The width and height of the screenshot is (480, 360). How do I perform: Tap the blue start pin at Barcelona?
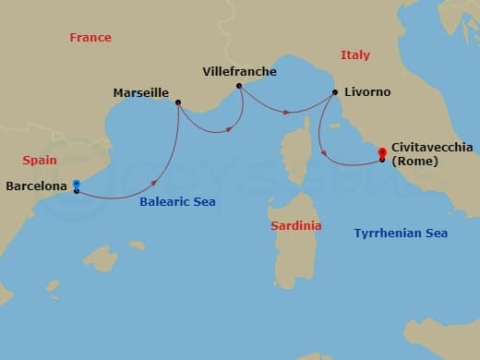(76, 185)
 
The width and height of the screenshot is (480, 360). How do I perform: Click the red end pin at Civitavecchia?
(380, 152)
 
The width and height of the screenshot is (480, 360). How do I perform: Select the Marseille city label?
(140, 92)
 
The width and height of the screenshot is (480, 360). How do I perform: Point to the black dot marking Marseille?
(177, 102)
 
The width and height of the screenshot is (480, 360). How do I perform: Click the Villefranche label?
(239, 71)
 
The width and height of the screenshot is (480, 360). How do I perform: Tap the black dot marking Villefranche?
(239, 86)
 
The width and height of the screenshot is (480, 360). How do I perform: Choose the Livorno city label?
(367, 92)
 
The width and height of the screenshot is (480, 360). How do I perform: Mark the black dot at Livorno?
(334, 92)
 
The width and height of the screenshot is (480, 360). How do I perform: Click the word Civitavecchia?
(433, 147)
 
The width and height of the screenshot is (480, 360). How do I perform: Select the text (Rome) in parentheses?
(413, 162)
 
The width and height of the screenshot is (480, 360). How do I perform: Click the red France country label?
(90, 38)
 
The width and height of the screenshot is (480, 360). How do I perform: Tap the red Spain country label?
(39, 160)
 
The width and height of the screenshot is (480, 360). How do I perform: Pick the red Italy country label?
(354, 55)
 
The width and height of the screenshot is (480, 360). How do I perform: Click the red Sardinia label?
(296, 225)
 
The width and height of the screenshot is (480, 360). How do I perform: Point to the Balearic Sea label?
(177, 201)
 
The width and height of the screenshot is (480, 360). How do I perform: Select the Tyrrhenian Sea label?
(401, 234)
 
